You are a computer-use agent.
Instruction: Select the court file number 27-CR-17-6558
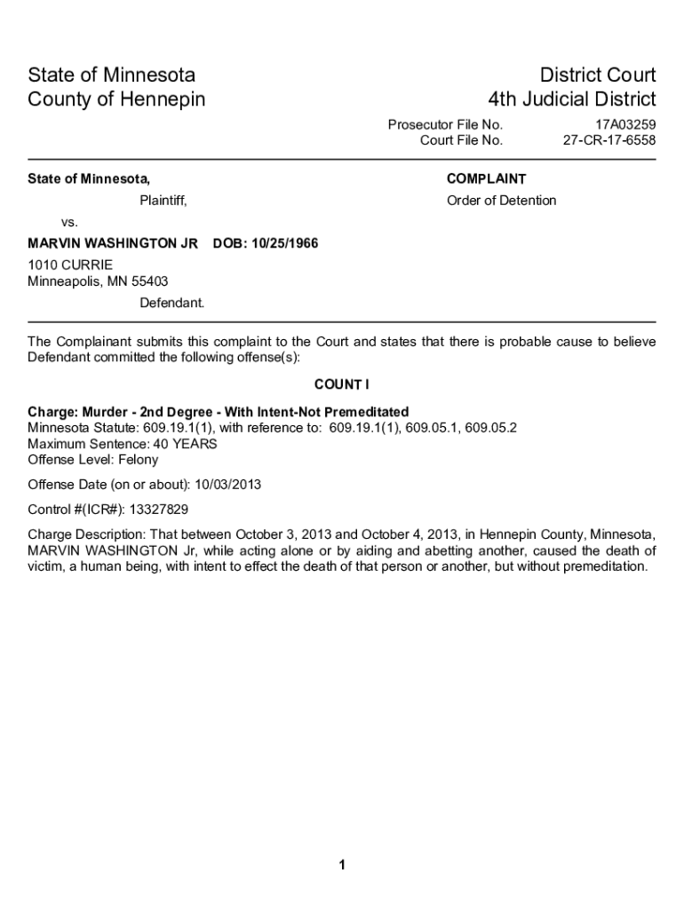(x=609, y=140)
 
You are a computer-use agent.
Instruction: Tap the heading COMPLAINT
(x=486, y=179)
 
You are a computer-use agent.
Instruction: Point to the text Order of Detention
(x=501, y=201)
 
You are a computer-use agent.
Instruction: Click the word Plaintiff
(x=163, y=201)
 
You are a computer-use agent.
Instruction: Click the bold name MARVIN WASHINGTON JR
(x=113, y=243)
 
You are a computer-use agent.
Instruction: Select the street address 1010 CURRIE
(x=70, y=265)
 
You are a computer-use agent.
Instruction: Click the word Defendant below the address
(x=171, y=303)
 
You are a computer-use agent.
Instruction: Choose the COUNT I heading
(x=341, y=384)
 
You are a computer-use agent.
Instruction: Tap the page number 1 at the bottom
(x=342, y=866)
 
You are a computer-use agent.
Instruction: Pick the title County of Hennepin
(x=116, y=99)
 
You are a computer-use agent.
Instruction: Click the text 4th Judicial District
(x=572, y=99)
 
